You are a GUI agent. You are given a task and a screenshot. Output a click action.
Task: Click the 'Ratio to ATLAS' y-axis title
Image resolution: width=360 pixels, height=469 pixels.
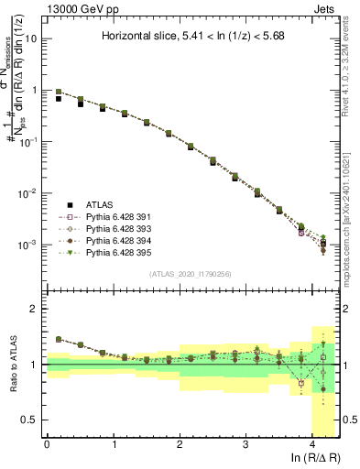[12, 365]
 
